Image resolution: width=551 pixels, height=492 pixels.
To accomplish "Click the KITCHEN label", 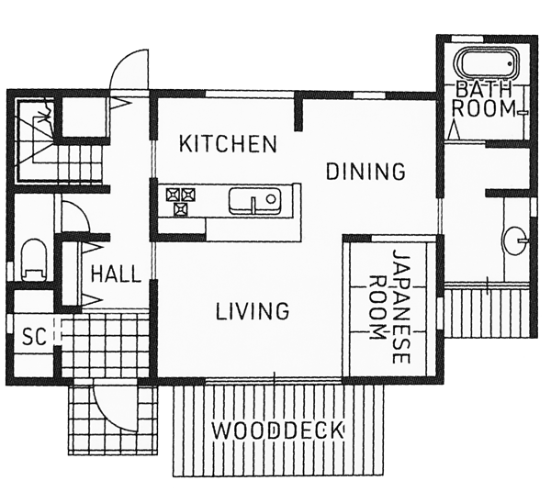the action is [x=228, y=143].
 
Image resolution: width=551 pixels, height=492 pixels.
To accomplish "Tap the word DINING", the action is [x=365, y=172].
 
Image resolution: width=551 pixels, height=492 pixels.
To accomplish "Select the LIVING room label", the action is [x=253, y=311].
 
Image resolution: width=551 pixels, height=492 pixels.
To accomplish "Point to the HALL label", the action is [x=116, y=274].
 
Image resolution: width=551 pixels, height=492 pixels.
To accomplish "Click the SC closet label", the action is [x=34, y=337].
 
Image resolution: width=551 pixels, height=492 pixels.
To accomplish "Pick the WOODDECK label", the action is [x=278, y=430].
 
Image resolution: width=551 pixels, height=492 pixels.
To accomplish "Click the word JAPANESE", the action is [x=401, y=307].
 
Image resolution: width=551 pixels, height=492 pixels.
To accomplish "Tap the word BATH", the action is [x=484, y=90].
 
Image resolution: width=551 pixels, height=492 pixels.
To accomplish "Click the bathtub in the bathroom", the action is [x=487, y=65].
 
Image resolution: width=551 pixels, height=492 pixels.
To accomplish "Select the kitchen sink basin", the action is [x=254, y=201].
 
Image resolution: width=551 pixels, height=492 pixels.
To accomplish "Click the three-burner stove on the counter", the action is [x=181, y=201].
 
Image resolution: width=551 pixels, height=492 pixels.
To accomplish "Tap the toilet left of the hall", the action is [x=34, y=260].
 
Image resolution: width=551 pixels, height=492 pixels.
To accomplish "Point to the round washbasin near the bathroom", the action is [x=515, y=240].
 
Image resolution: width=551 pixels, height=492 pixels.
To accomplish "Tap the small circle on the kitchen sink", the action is [x=271, y=199].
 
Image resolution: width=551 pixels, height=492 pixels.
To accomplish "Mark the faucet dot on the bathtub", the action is [x=510, y=63].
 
